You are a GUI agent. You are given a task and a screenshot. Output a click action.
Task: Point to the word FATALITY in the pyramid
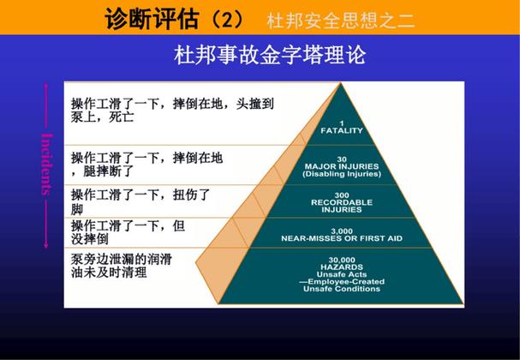click(342, 131)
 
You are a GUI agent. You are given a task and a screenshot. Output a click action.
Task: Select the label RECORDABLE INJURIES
click(342, 206)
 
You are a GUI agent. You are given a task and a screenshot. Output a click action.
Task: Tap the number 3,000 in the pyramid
click(342, 230)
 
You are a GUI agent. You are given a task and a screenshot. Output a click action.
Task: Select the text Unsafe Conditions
click(341, 290)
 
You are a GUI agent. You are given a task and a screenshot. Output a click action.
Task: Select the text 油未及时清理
click(109, 273)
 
